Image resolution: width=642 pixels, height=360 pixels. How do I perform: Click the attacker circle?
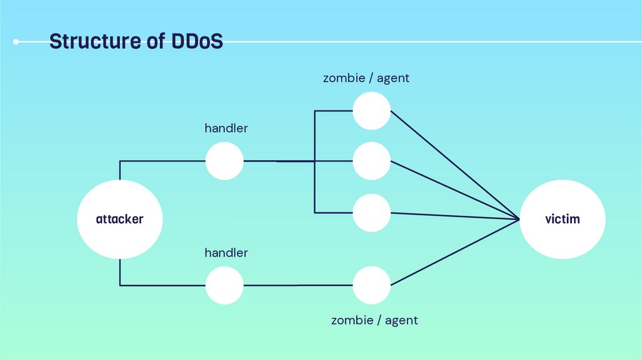pyautogui.click(x=120, y=220)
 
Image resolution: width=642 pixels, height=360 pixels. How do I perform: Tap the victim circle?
pyautogui.click(x=562, y=220)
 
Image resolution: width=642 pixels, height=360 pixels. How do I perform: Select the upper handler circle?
pyautogui.click(x=224, y=161)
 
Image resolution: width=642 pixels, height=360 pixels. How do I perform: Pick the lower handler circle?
pyautogui.click(x=224, y=285)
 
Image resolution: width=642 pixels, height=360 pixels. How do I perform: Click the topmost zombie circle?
pyautogui.click(x=371, y=111)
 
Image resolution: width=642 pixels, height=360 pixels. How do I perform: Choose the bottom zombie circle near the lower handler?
pyautogui.click(x=371, y=285)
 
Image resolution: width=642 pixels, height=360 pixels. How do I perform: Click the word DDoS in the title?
pyautogui.click(x=197, y=42)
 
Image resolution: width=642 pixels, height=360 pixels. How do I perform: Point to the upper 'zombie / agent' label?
pyautogui.click(x=366, y=78)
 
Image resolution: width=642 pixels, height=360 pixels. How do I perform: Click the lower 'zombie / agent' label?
pyautogui.click(x=374, y=320)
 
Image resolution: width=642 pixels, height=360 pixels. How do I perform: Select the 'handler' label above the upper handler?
pyautogui.click(x=226, y=129)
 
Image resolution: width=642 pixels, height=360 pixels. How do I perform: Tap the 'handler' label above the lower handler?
pyautogui.click(x=226, y=253)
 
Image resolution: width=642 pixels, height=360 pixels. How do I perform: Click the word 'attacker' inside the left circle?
pyautogui.click(x=120, y=220)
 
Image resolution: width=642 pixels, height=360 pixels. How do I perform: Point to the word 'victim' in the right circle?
pyautogui.click(x=562, y=220)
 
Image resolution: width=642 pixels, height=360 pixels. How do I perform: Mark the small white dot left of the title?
pyautogui.click(x=16, y=42)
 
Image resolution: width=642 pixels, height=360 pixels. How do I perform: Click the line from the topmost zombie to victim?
pyautogui.click(x=455, y=165)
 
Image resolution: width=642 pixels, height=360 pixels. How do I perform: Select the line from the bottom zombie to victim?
pyautogui.click(x=455, y=252)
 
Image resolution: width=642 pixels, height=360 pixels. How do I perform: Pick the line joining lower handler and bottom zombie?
pyautogui.click(x=298, y=285)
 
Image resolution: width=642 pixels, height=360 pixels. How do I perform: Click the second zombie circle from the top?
pyautogui.click(x=371, y=161)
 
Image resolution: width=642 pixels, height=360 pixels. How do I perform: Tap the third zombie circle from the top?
pyautogui.click(x=371, y=213)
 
